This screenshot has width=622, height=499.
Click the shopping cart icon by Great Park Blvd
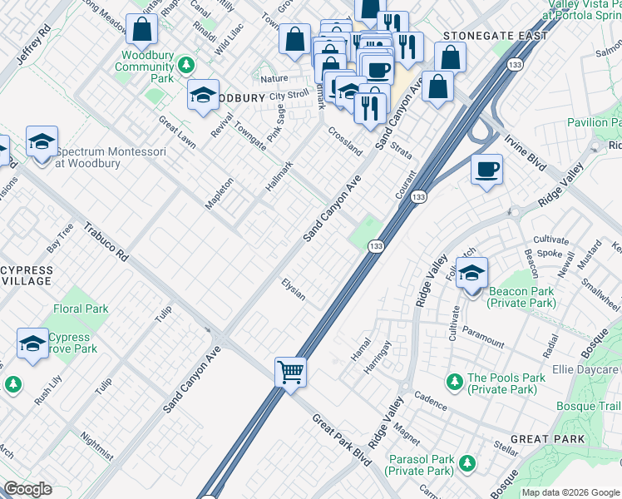click(291, 371)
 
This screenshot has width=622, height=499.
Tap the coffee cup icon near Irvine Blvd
click(486, 169)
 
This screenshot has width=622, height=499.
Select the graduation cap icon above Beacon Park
click(471, 272)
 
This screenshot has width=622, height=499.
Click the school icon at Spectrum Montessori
click(42, 141)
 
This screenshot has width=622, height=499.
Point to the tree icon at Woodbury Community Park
click(186, 64)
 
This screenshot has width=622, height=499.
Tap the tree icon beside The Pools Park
click(454, 383)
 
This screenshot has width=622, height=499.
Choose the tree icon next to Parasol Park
click(466, 462)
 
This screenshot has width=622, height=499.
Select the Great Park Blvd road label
click(341, 438)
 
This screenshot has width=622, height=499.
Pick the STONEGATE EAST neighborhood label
click(495, 36)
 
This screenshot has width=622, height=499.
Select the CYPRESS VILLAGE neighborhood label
click(27, 276)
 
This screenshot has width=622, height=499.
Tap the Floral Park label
click(81, 309)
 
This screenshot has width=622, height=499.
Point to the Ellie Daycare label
click(585, 368)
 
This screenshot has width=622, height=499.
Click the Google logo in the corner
click(27, 489)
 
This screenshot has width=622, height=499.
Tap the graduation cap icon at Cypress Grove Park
click(32, 343)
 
